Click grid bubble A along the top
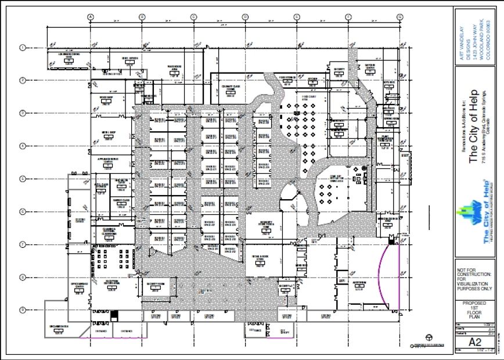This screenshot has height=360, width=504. [x=91, y=17]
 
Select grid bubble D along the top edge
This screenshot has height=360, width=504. [x=245, y=17]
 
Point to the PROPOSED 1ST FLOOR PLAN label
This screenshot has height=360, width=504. [x=475, y=311]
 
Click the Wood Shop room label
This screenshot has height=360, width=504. [x=105, y=98]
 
